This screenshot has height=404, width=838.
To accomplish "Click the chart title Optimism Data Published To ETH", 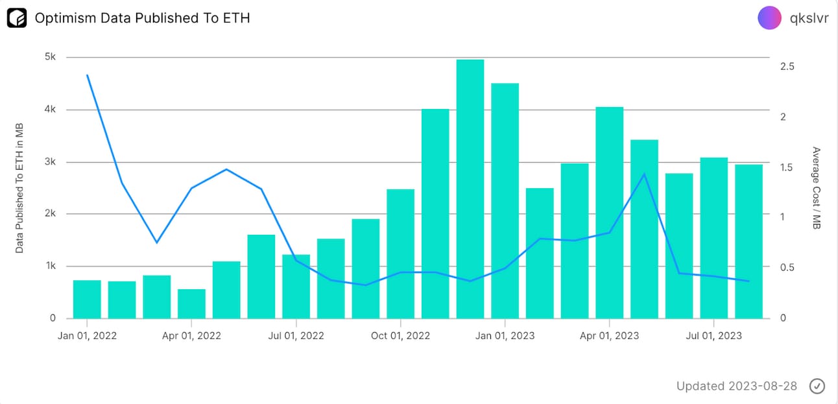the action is pos(142,18).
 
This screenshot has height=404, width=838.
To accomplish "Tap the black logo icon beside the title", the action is pos(17,18).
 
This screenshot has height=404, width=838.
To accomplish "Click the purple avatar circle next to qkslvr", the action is pos(769,18).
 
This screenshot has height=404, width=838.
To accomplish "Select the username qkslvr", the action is pos(809,18).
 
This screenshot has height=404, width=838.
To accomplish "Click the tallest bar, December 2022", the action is pos(470,189).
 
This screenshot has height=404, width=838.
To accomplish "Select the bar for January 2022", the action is pos(87,299).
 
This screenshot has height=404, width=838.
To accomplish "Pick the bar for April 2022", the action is pos(191,303).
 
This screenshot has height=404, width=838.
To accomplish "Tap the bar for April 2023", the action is pos(610,213).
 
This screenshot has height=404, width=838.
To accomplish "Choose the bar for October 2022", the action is pos(401,254).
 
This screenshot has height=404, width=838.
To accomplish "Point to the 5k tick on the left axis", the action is pos(50,57).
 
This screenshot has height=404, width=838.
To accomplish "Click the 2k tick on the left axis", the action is pos(50,213).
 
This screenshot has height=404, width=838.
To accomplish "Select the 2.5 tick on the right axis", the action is pos(787,67).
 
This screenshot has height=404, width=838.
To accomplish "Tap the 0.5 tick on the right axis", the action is pos(787,267).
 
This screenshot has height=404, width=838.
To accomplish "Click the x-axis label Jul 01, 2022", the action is pos(296,335).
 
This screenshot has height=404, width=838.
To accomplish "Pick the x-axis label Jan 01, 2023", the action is pos(505,335).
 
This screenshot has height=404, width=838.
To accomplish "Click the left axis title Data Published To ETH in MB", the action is pos(19,188).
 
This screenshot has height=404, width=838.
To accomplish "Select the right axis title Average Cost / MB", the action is pos(817,188).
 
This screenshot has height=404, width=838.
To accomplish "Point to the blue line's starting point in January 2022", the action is pos(87,75).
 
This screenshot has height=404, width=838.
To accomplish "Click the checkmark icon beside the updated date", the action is pos(817,386).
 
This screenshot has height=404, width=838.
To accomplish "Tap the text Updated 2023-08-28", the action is pos(737,386).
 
